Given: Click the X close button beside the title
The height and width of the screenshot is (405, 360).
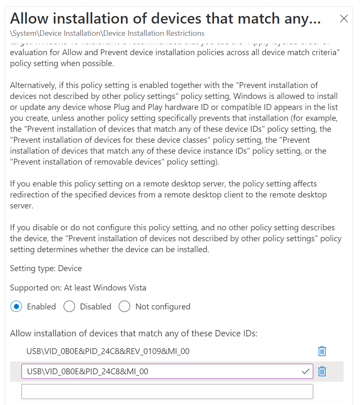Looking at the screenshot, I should click(344, 19).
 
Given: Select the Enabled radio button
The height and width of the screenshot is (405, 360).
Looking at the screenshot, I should click(16, 306).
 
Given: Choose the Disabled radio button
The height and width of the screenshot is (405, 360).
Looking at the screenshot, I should click(69, 306).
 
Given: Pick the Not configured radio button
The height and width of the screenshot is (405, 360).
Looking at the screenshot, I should click(124, 306).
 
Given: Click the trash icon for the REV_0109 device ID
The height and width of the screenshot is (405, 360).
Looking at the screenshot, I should click(322, 351).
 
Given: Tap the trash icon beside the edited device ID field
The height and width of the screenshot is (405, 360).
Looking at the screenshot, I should click(322, 371).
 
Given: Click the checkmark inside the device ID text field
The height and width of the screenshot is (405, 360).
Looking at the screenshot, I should click(306, 371).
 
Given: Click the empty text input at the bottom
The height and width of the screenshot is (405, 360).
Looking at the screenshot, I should click(167, 391).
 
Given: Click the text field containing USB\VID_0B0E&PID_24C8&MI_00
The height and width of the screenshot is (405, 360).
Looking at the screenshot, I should click(160, 371).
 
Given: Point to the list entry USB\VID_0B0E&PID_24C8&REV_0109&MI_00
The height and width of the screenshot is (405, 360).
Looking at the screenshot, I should click(108, 351).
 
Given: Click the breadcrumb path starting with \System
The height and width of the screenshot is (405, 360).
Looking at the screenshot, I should click(107, 33).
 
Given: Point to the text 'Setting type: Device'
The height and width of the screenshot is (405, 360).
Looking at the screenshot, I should click(46, 268).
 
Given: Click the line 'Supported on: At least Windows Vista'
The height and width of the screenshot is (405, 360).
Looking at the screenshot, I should click(78, 288).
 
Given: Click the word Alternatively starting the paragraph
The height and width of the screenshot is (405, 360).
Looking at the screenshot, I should click(33, 85).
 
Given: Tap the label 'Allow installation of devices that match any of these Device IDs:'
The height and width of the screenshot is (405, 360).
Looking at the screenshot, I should click(133, 333).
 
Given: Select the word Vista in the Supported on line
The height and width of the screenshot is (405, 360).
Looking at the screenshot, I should click(135, 288).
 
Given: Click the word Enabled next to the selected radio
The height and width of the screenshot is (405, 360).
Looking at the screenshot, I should click(41, 306).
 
